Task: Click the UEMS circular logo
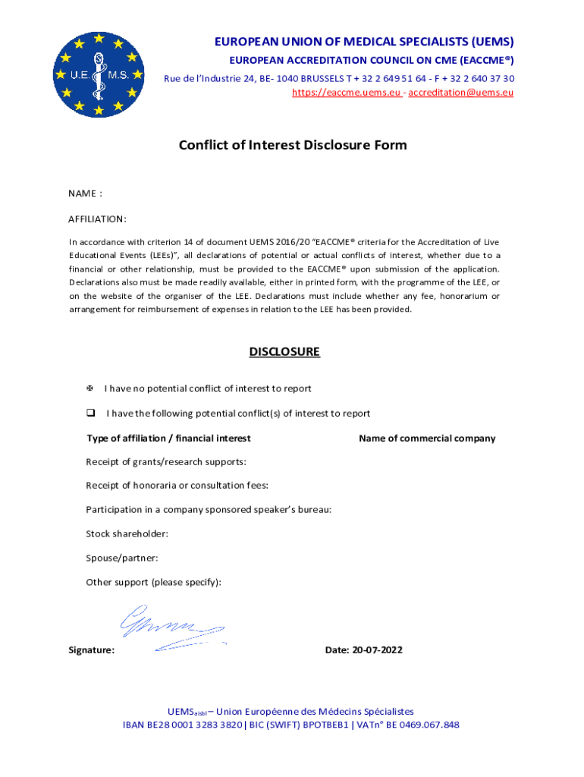99,74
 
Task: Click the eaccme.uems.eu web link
347,93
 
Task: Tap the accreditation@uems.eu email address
461,93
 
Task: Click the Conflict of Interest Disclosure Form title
293,145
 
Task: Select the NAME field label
85,193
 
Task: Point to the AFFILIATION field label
97,219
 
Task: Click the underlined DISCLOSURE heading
284,352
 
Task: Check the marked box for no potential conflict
89,388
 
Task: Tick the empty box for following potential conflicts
89,414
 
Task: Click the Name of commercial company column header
427,439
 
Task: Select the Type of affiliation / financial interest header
168,439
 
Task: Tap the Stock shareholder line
127,534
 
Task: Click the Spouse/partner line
122,558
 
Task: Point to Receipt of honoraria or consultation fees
177,486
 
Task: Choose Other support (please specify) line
154,583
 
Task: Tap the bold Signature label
92,650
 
